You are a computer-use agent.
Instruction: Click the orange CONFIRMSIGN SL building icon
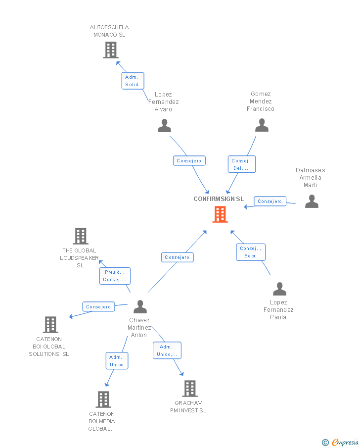220,214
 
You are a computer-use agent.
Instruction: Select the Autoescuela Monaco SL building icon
111,50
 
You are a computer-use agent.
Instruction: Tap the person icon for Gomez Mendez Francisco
262,125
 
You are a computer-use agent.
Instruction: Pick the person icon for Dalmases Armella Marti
312,201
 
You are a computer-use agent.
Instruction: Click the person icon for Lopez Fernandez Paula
279,289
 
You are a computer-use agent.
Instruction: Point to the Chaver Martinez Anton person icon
140,307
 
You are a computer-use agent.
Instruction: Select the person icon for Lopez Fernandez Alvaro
164,126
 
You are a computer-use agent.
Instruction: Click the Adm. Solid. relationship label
133,81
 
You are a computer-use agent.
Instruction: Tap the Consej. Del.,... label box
242,164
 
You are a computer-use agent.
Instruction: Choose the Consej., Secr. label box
251,252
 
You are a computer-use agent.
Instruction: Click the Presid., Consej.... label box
115,276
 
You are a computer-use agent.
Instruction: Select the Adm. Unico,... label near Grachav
167,350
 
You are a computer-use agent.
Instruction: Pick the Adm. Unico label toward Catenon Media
117,361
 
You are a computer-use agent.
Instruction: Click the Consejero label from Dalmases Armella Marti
270,201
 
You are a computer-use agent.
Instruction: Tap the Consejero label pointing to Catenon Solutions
98,307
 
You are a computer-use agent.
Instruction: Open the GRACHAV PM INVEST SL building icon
190,389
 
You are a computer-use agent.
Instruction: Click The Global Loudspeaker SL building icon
81,236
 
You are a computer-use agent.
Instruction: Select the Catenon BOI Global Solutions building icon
50,325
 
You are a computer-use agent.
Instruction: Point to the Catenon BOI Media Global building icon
103,399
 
